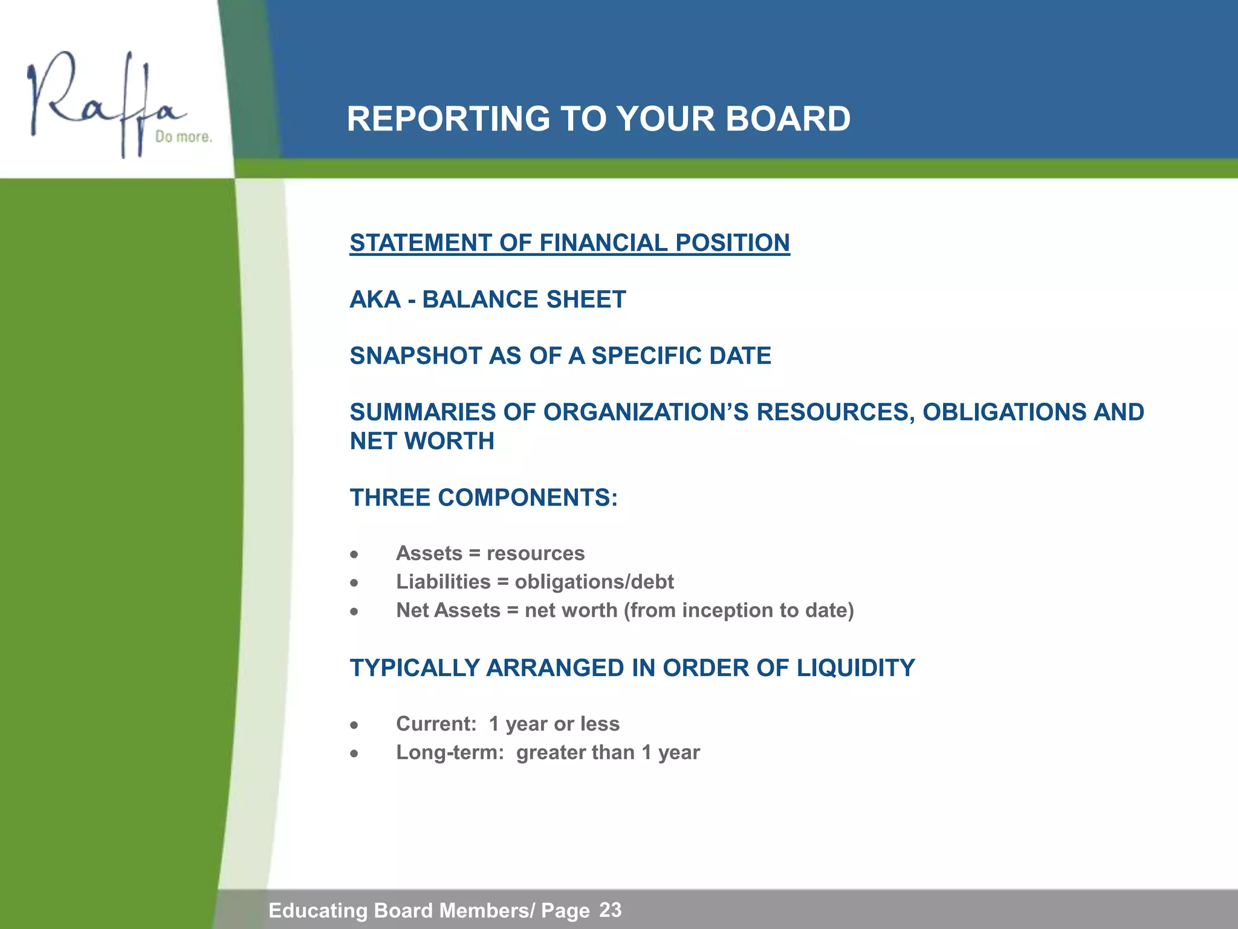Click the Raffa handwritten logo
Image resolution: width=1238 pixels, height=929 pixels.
click(103, 100)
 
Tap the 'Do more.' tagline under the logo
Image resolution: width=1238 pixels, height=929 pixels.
click(183, 137)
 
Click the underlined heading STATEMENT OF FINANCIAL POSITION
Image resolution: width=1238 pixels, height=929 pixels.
click(569, 243)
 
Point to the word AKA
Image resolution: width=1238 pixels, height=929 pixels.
click(375, 299)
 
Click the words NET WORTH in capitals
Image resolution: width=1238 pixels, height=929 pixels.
click(422, 441)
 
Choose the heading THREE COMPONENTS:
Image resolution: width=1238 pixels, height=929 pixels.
click(484, 498)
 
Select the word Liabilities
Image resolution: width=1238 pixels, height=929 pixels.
click(443, 582)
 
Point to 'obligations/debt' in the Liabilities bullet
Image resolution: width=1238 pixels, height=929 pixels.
click(594, 582)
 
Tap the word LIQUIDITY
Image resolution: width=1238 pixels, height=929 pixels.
click(855, 668)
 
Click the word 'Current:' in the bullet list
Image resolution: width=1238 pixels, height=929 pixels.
click(436, 724)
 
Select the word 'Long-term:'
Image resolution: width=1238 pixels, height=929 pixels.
click(450, 752)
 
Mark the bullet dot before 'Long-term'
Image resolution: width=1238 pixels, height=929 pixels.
click(355, 754)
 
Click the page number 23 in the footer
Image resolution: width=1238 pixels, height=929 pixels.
click(610, 910)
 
